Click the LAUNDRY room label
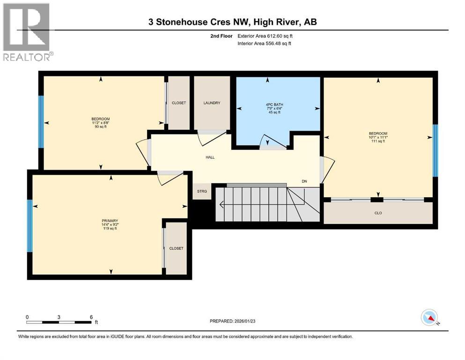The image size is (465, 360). click(x=212, y=103)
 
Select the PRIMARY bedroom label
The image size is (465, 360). click(x=111, y=221)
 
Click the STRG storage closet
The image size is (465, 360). click(x=202, y=191)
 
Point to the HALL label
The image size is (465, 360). click(x=210, y=157)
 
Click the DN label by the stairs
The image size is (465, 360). click(x=304, y=181)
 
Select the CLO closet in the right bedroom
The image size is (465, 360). click(x=378, y=212)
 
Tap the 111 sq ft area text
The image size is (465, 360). click(x=378, y=141)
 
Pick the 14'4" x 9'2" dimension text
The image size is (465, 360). click(x=111, y=225)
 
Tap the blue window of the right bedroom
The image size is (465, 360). click(x=435, y=150)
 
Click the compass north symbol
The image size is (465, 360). click(x=429, y=318)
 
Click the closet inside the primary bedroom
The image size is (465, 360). click(x=177, y=248)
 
